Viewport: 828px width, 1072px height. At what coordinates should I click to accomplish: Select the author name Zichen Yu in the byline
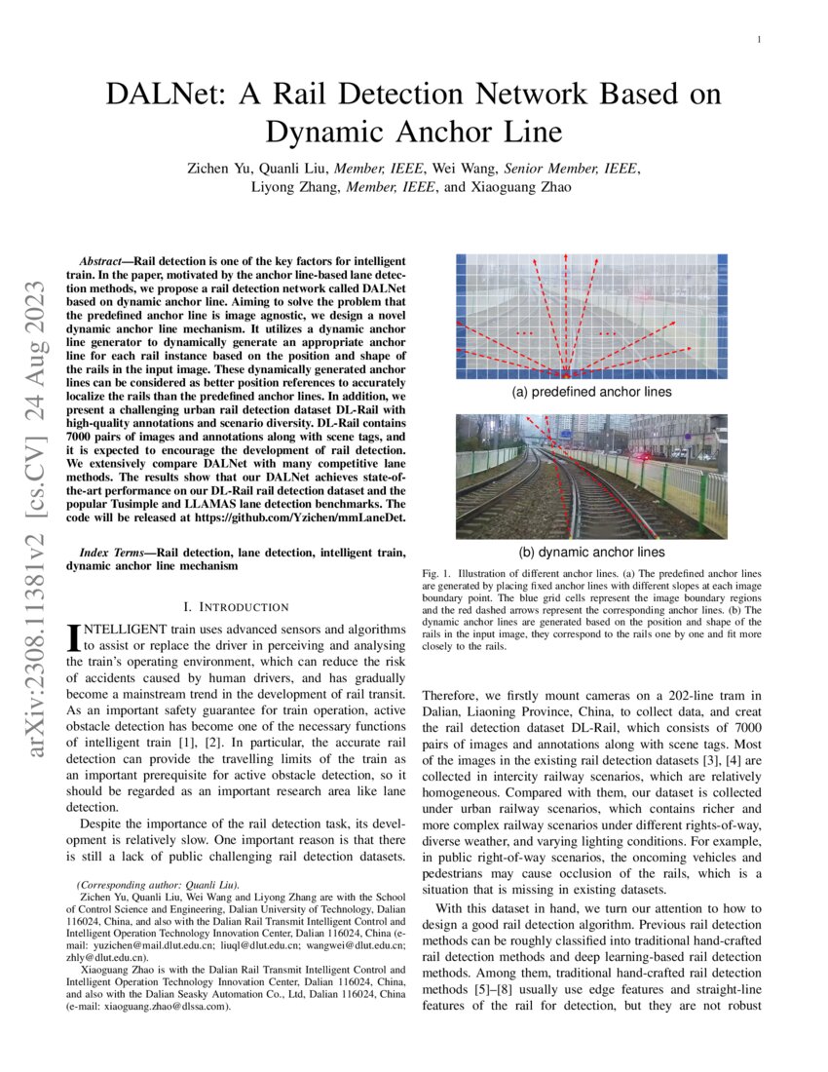[220, 169]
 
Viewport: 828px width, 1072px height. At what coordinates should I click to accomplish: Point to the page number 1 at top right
[758, 40]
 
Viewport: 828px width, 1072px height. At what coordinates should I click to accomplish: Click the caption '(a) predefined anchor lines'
[591, 392]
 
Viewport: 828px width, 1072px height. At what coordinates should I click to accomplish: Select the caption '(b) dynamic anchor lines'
[591, 552]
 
